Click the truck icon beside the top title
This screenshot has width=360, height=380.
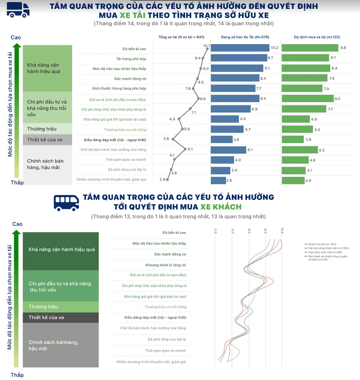pyautogui.click(x=18, y=10)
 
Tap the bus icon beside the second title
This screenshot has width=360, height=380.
pyautogui.click(x=66, y=202)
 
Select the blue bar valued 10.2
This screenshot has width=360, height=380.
pyautogui.click(x=240, y=48)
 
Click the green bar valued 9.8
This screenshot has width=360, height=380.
pyautogui.click(x=310, y=48)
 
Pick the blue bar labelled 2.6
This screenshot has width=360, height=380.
pyautogui.click(x=218, y=180)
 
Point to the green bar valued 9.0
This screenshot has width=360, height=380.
pyautogui.click(x=307, y=99)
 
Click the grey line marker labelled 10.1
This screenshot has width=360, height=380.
pyautogui.click(x=207, y=49)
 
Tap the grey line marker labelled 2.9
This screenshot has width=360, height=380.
pyautogui.click(x=167, y=179)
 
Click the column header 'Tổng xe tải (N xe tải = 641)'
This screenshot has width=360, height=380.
pyautogui.click(x=181, y=37)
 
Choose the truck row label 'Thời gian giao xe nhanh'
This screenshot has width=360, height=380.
pyautogui.click(x=126, y=160)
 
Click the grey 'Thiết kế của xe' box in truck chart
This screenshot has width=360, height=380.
pyautogui.click(x=47, y=140)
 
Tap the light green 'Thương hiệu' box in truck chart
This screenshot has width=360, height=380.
pyautogui.click(x=47, y=129)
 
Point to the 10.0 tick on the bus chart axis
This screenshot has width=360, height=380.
pyautogui.click(x=282, y=231)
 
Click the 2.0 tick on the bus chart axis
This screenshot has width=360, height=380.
pyautogui.click(x=216, y=231)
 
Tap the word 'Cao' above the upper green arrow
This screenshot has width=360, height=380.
pyautogui.click(x=16, y=38)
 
